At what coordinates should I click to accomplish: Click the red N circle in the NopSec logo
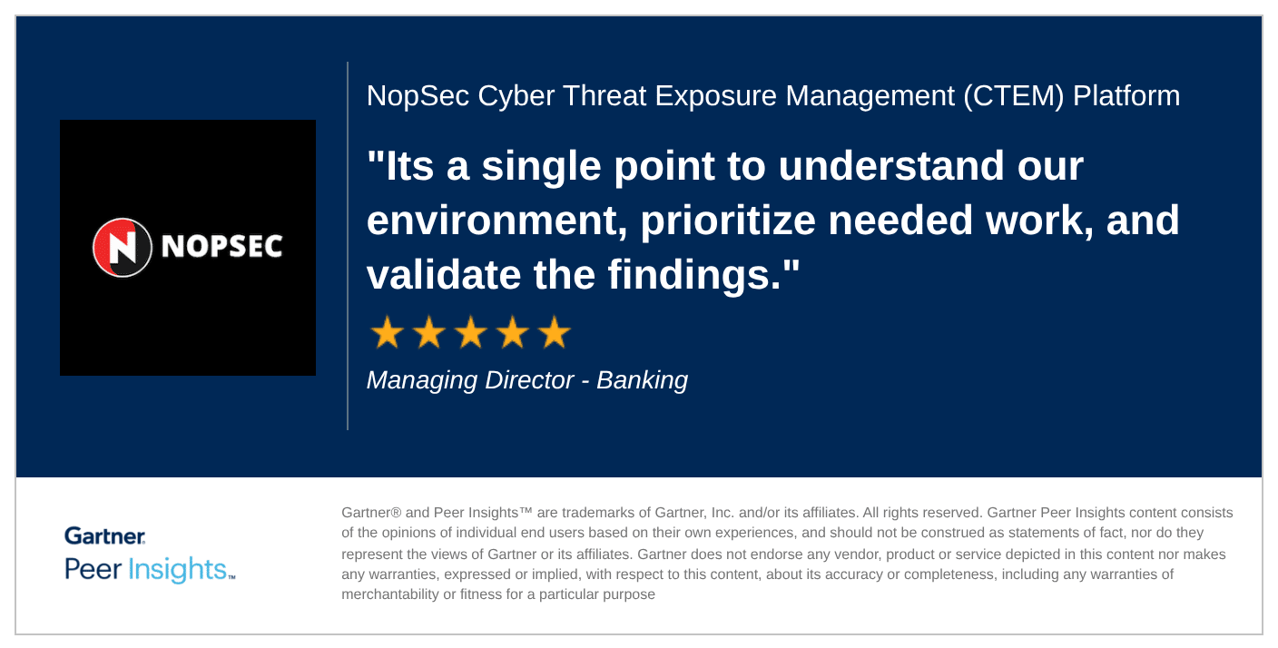(123, 248)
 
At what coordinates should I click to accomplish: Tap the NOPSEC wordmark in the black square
(222, 247)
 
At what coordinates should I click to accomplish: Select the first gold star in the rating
(388, 332)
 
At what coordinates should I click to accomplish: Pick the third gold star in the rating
(471, 332)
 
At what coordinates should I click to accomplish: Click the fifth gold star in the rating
(555, 332)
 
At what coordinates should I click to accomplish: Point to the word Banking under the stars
(642, 380)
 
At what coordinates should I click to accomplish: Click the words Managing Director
(469, 380)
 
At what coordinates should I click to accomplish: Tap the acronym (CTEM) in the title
(1013, 96)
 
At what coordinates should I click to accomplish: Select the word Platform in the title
(1126, 95)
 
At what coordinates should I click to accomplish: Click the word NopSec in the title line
(418, 96)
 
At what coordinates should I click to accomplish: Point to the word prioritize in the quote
(728, 221)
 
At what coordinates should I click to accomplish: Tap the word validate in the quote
(443, 275)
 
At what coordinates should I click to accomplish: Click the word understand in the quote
(890, 166)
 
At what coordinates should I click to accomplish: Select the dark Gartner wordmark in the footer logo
(105, 536)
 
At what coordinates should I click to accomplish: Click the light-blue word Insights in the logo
(177, 569)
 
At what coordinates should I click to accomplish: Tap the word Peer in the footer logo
(93, 569)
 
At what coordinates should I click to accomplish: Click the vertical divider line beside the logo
(348, 246)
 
